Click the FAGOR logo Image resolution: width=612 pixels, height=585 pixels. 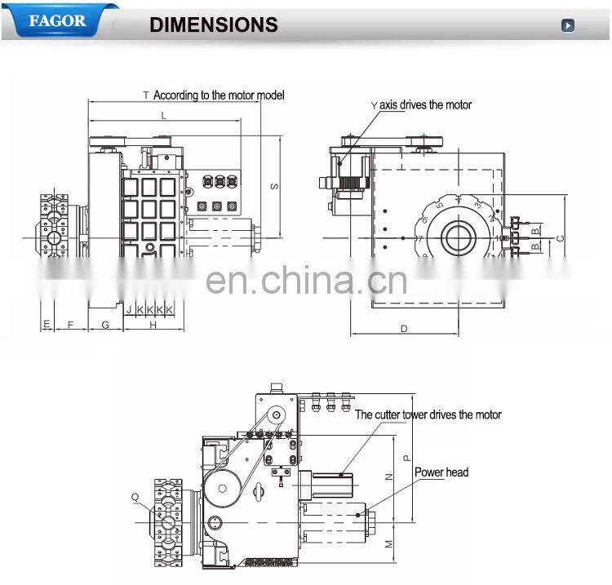click(x=56, y=20)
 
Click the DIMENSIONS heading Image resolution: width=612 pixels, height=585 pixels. click(x=214, y=25)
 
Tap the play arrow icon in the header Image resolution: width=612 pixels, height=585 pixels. click(x=568, y=25)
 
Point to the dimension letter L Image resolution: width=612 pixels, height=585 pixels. click(x=164, y=116)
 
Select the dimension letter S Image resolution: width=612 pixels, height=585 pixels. click(x=275, y=187)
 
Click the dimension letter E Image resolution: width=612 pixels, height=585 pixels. click(x=47, y=325)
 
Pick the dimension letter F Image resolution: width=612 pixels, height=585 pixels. click(x=70, y=325)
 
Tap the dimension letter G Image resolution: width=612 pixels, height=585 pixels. click(x=105, y=325)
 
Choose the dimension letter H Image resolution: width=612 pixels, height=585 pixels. click(x=153, y=325)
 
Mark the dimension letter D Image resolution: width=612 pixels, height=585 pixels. click(x=404, y=328)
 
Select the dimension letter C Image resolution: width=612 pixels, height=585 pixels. click(x=560, y=238)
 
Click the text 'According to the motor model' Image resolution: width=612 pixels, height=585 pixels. click(x=219, y=95)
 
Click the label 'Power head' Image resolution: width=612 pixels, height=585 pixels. click(x=441, y=472)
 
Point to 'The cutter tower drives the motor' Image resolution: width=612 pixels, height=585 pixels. click(x=428, y=415)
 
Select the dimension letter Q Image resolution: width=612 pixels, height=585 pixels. click(x=135, y=496)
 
